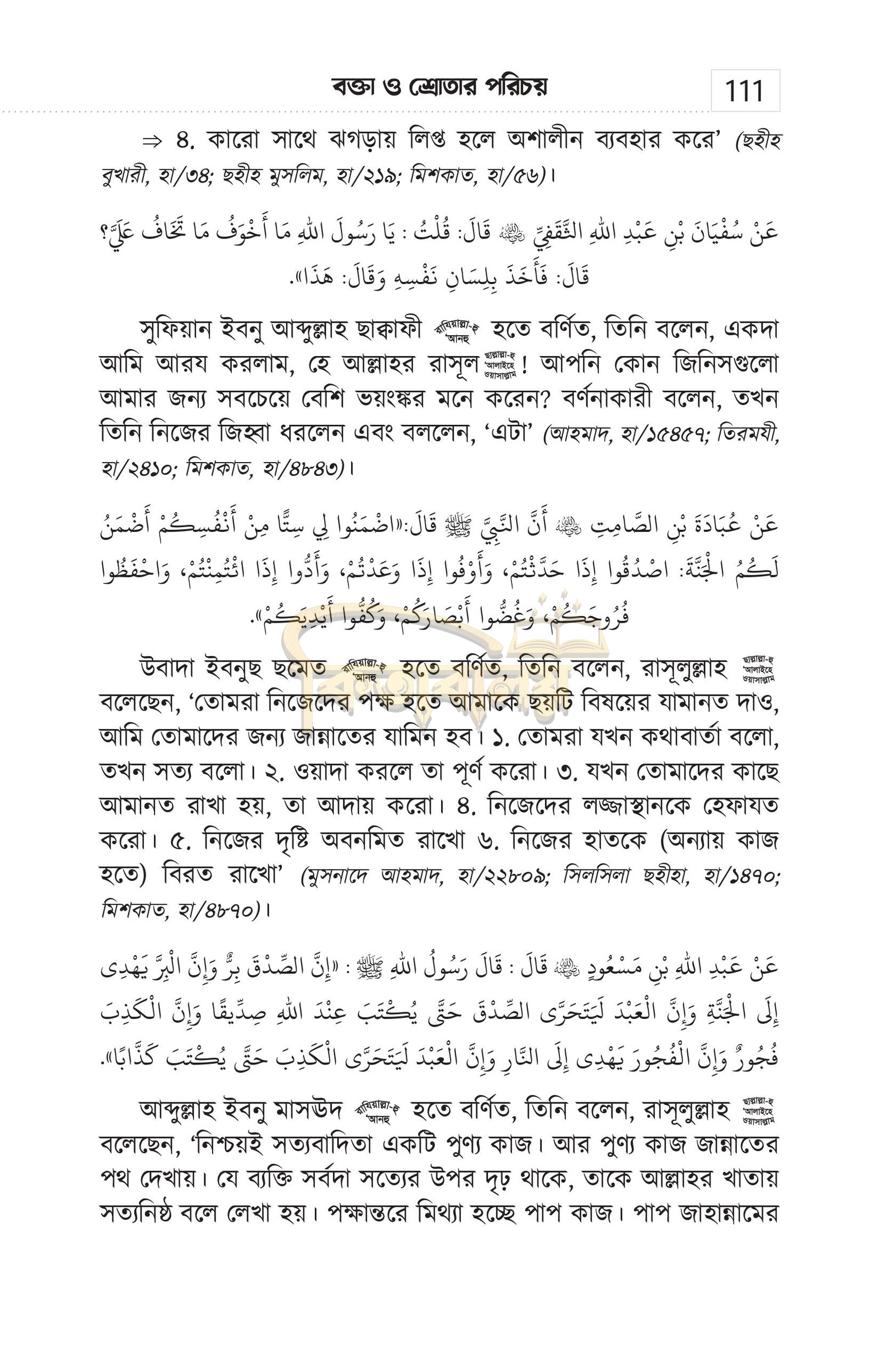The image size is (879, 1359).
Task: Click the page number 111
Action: tap(744, 91)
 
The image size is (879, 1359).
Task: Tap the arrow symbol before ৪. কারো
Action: tap(152, 142)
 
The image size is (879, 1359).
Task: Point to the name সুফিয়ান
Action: tap(175, 330)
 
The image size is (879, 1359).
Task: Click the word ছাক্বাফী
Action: tap(388, 330)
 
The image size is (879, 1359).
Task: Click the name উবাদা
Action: tap(168, 668)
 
